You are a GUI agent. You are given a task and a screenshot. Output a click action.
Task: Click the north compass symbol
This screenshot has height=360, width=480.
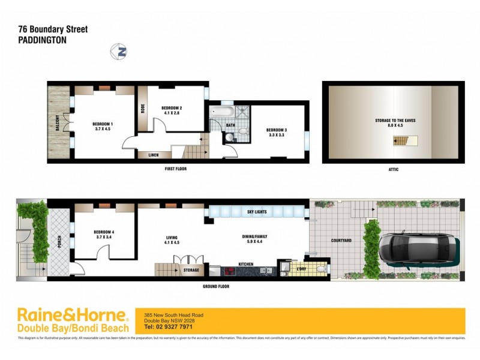coord(119,52)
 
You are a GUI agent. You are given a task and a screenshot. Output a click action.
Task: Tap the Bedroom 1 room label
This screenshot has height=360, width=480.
coord(104,124)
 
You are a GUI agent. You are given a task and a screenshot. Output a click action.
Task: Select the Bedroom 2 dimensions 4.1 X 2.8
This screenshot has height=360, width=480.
coord(172,113)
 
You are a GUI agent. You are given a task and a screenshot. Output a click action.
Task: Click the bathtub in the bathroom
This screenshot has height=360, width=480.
coord(219,111)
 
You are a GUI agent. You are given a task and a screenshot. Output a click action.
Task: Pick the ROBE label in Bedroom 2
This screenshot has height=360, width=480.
coord(143,109)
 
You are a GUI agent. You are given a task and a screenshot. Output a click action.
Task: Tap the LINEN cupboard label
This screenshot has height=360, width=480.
coord(153,155)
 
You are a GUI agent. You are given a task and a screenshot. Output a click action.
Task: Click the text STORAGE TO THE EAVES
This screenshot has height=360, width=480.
coord(395,121)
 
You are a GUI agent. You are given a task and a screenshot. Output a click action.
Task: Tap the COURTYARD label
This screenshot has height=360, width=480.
coord(341,241)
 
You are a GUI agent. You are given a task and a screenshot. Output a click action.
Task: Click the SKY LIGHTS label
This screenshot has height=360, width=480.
coord(257,212)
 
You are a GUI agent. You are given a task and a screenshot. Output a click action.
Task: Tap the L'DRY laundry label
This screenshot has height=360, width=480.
coord(301,268)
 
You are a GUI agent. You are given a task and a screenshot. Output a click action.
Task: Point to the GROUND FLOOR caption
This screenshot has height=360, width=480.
coord(216,286)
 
